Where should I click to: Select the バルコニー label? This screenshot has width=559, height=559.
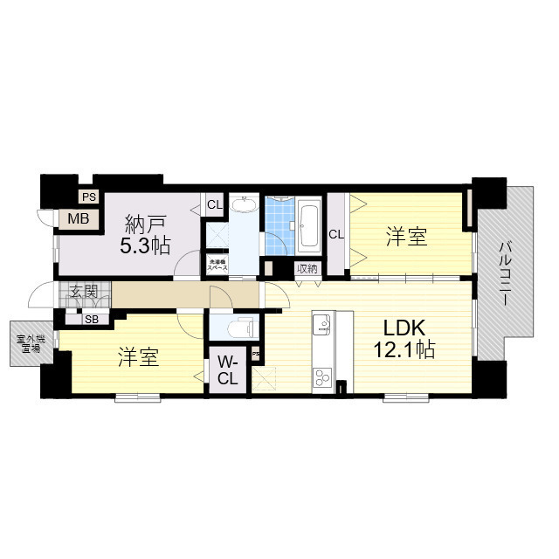[505, 273]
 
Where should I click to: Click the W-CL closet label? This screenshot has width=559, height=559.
[227, 370]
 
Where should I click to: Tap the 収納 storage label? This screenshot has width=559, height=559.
[306, 269]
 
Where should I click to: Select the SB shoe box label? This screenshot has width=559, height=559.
[91, 319]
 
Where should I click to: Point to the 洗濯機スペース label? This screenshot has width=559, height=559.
[217, 265]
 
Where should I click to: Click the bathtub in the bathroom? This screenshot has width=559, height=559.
[309, 224]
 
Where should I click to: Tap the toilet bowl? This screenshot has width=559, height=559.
[238, 329]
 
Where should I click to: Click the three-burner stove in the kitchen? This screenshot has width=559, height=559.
[322, 377]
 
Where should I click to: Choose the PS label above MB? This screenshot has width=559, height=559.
[89, 197]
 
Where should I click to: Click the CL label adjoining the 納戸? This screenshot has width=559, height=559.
[214, 205]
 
